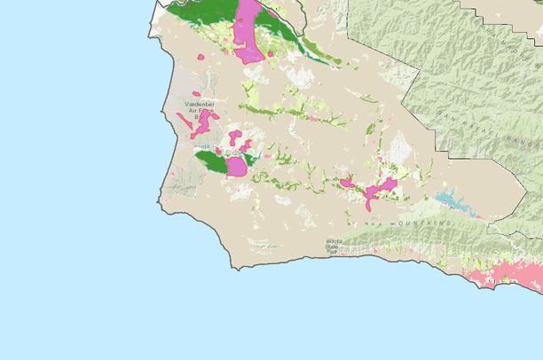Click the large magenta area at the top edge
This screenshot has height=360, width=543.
(x=248, y=31)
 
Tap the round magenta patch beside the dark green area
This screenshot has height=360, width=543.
(x=237, y=167)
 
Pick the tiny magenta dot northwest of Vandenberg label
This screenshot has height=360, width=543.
(x=201, y=58)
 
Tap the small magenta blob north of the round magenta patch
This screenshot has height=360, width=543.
(x=235, y=137)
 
